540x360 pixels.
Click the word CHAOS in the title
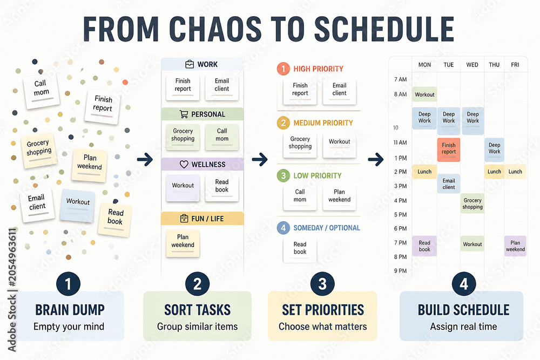tap(215, 29)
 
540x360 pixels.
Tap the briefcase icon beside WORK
tap(190, 64)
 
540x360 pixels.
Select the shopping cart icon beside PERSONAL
tap(184, 114)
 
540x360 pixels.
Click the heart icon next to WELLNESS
tap(184, 165)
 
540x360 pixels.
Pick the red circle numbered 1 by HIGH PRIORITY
tap(283, 69)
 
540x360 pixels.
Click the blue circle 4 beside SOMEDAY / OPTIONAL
tap(283, 228)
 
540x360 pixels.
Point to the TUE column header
tap(448, 65)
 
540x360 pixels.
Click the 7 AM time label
tap(400, 79)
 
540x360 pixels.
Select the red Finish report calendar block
tap(449, 150)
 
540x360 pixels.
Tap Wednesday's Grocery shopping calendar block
tap(472, 203)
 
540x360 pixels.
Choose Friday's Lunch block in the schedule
tap(515, 172)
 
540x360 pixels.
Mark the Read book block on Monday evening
tap(424, 246)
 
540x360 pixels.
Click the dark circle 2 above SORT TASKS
tap(197, 284)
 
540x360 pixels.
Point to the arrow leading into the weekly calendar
tap(376, 159)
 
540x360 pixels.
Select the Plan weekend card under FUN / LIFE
tap(183, 243)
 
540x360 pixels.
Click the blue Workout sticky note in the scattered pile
tap(77, 205)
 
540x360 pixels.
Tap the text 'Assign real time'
tap(463, 327)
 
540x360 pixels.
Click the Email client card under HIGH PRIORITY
tap(339, 91)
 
